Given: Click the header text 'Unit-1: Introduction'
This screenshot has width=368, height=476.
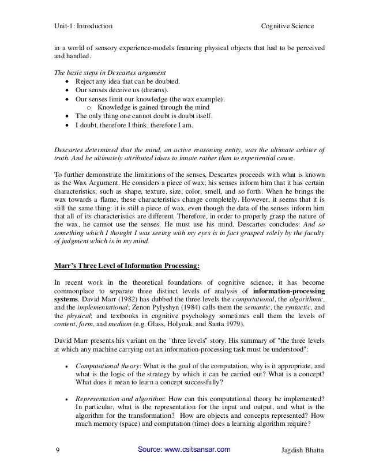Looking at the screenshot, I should [x=84, y=27].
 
